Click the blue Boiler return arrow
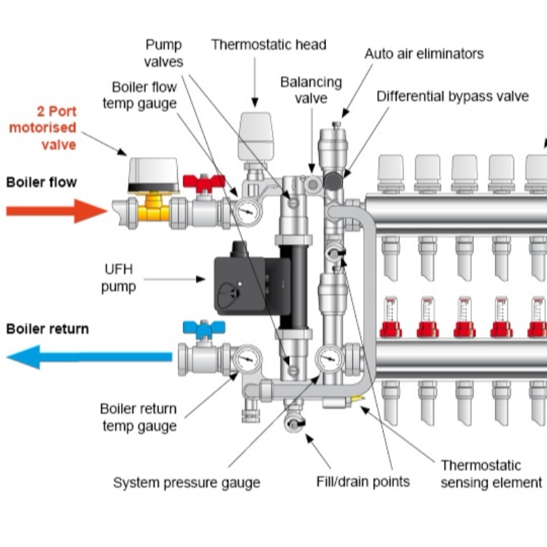point(89,356)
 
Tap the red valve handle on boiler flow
point(203,183)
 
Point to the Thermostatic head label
point(268,45)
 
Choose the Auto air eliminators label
point(423,53)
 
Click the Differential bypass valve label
point(452,96)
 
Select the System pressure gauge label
point(186,483)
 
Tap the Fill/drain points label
point(363,481)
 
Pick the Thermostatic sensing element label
point(490,475)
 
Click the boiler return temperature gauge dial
point(246,358)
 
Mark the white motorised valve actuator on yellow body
point(154,172)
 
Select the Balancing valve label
point(311,90)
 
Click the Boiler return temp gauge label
point(139,418)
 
